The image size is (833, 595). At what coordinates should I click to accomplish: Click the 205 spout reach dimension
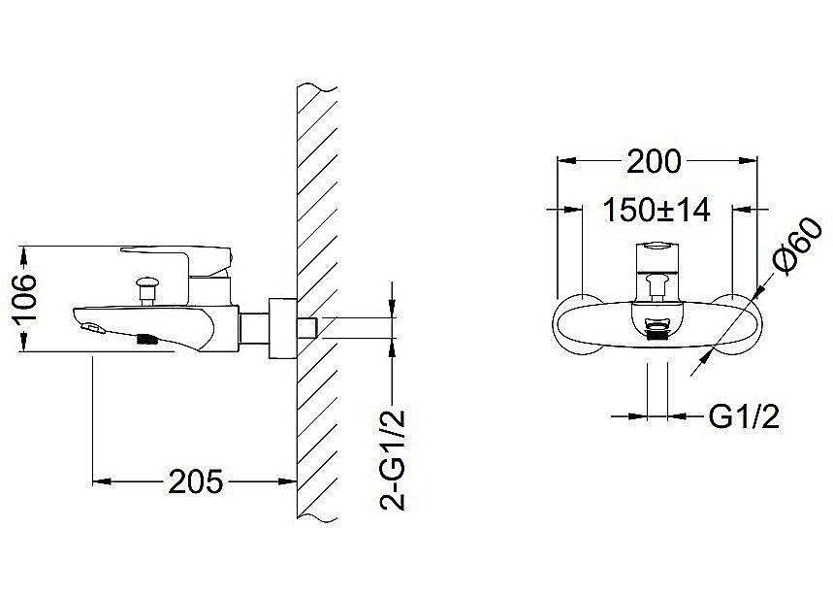pos(196,480)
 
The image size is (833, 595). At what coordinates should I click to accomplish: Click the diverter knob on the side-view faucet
pos(148,285)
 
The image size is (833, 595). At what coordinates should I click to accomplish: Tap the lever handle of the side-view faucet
pos(179,256)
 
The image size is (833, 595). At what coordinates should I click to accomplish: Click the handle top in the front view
pos(657,248)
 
